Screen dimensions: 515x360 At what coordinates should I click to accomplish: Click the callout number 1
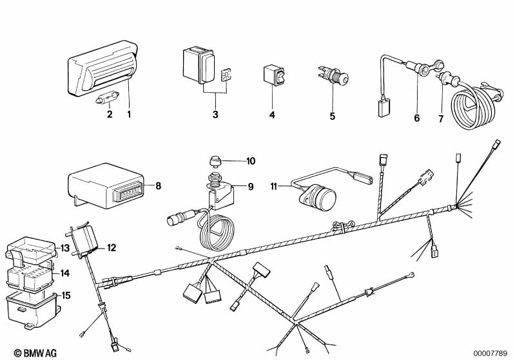[x=129, y=114]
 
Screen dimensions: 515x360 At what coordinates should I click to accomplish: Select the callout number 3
[x=215, y=115]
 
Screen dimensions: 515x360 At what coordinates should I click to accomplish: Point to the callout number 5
[x=333, y=116]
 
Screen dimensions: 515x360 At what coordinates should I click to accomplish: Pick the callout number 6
[x=417, y=118]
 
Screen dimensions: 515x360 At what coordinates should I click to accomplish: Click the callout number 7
[x=441, y=118]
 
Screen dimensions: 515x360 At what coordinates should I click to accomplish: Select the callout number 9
[x=251, y=187]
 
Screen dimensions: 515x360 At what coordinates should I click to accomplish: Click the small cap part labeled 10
[x=215, y=162]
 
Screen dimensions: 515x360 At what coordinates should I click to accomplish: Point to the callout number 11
[x=274, y=186]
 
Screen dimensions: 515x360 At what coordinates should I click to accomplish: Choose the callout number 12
[x=112, y=247]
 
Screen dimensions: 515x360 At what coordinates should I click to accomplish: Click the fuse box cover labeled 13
[x=30, y=249]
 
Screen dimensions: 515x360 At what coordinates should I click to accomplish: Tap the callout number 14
[x=65, y=272]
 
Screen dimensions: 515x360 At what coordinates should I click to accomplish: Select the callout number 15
[x=66, y=296]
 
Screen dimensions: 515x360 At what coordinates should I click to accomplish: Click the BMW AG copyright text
[x=35, y=353]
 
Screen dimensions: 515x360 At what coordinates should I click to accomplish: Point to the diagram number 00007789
[x=491, y=354]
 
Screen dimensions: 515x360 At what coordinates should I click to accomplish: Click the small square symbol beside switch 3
[x=226, y=75]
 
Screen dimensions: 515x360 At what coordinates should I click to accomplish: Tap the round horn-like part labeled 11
[x=317, y=197]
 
